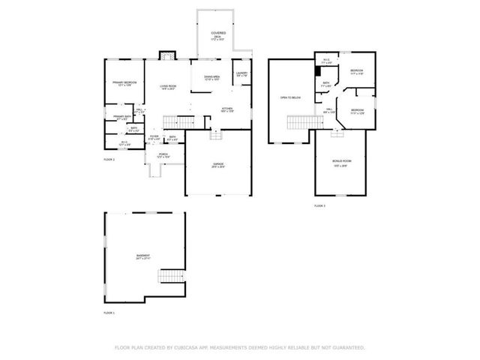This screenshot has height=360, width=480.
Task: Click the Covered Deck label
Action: pos(218,34)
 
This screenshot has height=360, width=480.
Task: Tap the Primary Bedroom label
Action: pos(124,83)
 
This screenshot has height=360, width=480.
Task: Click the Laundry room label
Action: pos(241,74)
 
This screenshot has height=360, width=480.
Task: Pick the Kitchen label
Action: pos(227,109)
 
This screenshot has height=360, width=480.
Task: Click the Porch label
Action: pos(163,155)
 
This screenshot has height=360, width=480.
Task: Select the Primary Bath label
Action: pos(121,117)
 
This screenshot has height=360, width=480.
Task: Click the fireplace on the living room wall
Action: pos(167,55)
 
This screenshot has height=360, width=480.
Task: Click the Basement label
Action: pos(142,256)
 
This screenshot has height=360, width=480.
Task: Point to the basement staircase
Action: pos(171,277)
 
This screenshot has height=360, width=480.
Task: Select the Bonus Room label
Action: pos(342,162)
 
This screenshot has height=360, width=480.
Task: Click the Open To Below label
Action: pos(290,97)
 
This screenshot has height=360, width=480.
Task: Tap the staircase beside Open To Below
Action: pos(300,122)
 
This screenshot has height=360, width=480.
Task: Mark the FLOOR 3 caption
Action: pos(319,205)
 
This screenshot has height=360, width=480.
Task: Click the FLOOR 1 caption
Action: pos(109,312)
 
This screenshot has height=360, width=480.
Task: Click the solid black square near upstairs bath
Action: pos(318,70)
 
